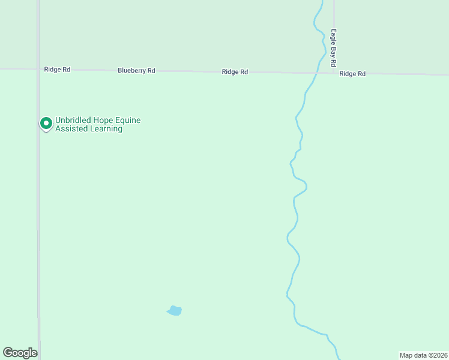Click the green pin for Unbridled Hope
(45, 124)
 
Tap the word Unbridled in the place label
(73, 120)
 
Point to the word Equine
(128, 120)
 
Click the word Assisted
(71, 128)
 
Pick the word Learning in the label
(106, 128)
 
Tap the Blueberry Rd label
(136, 71)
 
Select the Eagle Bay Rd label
(333, 47)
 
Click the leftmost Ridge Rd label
(57, 70)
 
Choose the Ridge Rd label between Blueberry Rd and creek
(235, 72)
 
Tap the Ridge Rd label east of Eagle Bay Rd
(352, 74)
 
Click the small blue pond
(174, 311)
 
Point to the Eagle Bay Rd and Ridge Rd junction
(334, 73)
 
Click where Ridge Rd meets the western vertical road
(38, 69)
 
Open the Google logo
(20, 353)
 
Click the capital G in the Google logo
(8, 353)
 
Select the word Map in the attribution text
(406, 355)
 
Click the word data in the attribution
(420, 355)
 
